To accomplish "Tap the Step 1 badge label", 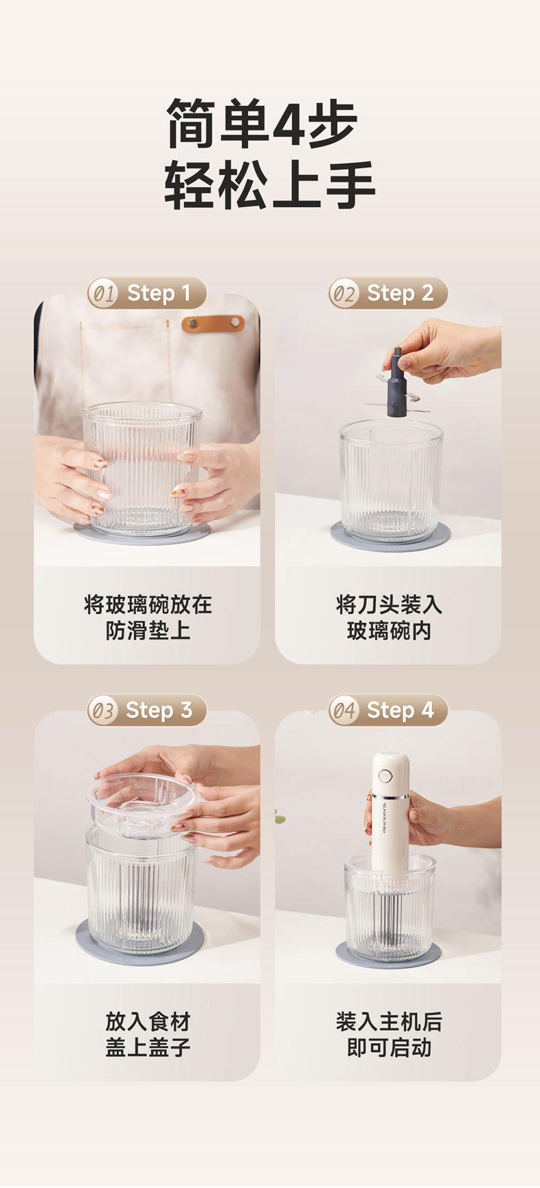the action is click(159, 293).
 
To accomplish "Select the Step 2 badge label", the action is click(400, 293).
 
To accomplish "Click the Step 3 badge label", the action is click(159, 710).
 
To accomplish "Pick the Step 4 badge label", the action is click(400, 710).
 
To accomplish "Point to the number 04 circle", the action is click(344, 711).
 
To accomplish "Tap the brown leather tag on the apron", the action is click(213, 323).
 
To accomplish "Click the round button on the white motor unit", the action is click(386, 776).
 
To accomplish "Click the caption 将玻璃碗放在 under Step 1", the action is click(148, 605).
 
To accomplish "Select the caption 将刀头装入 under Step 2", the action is click(389, 605).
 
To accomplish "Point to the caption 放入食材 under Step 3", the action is click(148, 1022).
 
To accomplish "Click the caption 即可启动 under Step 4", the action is click(389, 1048).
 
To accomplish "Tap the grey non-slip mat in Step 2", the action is click(390, 536).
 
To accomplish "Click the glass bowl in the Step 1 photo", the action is click(142, 469).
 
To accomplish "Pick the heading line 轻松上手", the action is click(270, 185).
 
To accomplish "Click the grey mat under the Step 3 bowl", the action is click(141, 942).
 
